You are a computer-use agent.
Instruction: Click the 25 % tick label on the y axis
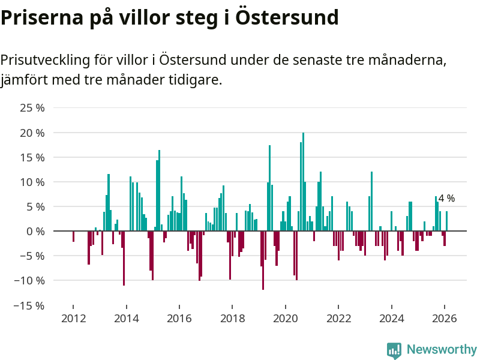pos(32,108)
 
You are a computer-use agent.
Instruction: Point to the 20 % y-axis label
pos(32,133)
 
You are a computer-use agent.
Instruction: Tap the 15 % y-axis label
pos(32,157)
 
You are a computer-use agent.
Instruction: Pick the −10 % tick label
pos(30,280)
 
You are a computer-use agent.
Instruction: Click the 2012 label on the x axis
pos(73,318)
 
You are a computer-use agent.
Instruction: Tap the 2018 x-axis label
pos(232,318)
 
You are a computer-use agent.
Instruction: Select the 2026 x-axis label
pos(445,318)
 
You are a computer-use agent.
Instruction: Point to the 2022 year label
pos(338,318)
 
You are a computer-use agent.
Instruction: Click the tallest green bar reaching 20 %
pos(303,180)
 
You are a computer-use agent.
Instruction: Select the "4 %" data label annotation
pos(446,199)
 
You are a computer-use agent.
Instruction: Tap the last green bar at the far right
pos(446,221)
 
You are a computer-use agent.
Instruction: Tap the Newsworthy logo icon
pos(394,350)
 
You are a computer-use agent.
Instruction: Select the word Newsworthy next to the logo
pos(442,350)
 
